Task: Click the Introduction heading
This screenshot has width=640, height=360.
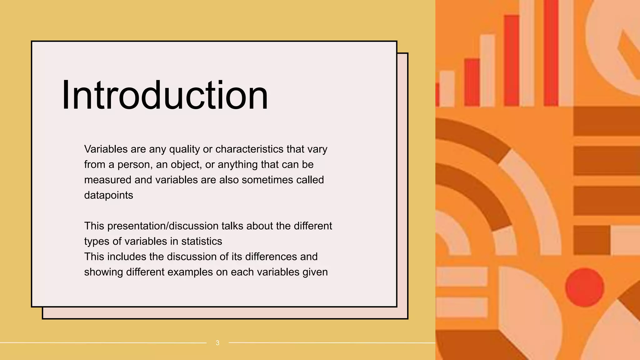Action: coord(165,95)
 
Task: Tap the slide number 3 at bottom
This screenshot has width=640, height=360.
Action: coord(217,343)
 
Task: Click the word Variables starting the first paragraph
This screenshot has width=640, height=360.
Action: coord(106,149)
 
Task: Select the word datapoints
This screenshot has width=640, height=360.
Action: coord(108,195)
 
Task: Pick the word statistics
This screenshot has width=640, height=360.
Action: coord(202,241)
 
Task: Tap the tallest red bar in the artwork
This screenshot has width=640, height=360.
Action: coord(551,53)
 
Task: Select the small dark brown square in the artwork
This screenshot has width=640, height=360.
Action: coord(592,240)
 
